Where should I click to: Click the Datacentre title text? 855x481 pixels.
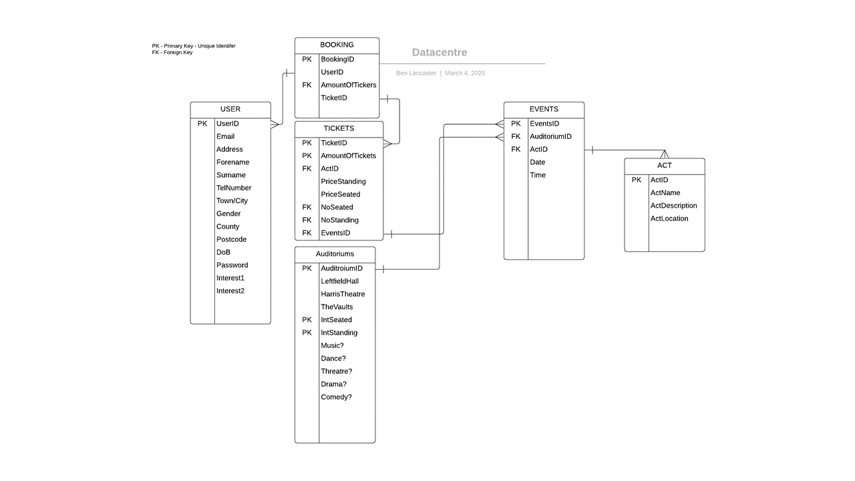[x=440, y=52]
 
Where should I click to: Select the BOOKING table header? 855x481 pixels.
[x=337, y=45]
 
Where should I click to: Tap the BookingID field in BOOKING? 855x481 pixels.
[x=337, y=59]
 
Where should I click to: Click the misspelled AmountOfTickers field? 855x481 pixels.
[x=349, y=85]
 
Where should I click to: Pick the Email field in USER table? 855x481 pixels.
[x=225, y=136]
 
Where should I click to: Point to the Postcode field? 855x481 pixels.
[x=231, y=239]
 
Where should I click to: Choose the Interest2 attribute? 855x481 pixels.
[x=230, y=291]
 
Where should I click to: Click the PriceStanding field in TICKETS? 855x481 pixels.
[x=343, y=181]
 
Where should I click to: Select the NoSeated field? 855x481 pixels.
[x=337, y=207]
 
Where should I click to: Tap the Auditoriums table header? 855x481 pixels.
[x=335, y=254]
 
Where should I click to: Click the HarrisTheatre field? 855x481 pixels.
[x=343, y=294]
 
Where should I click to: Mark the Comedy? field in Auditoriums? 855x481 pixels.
[x=336, y=397]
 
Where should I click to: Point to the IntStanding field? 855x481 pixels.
[x=339, y=333]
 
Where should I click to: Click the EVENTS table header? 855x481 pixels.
[x=544, y=109]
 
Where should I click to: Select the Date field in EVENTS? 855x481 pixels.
[x=537, y=162]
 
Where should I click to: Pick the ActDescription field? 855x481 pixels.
[x=674, y=206]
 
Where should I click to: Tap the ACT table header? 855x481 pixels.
[x=664, y=165]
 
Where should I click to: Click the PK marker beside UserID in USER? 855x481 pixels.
[x=202, y=124]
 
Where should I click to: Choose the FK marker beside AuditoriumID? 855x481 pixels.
[x=516, y=136]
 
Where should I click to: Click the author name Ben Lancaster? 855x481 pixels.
[x=416, y=73]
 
